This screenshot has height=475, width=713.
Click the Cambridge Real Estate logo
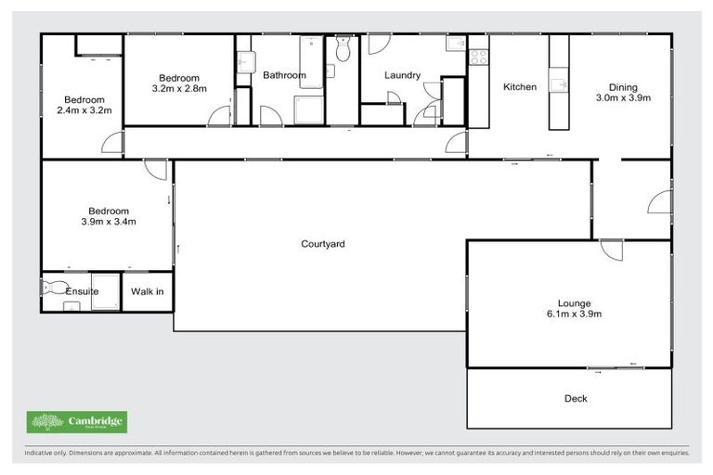click(78, 422)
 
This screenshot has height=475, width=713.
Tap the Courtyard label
click(323, 244)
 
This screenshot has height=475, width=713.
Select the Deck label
click(576, 399)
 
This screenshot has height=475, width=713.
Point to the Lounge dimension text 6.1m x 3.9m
click(574, 314)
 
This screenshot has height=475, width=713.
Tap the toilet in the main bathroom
click(343, 50)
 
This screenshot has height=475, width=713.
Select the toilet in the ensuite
click(51, 289)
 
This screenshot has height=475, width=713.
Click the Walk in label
click(147, 291)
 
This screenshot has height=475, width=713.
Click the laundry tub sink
click(455, 44)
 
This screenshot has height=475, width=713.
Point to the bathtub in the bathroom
click(311, 62)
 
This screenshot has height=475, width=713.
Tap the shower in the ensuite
click(105, 291)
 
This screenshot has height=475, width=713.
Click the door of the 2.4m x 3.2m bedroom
click(112, 142)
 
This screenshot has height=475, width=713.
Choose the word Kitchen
click(520, 87)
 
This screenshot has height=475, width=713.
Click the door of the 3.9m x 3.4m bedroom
click(156, 170)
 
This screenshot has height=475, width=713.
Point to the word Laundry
click(402, 75)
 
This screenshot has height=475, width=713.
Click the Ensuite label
click(82, 291)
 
